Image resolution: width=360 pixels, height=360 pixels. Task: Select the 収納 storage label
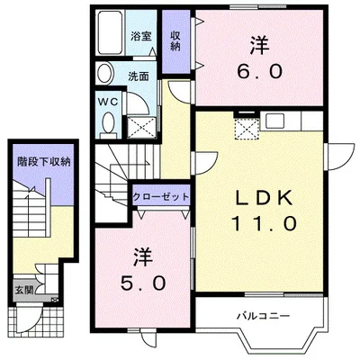point(175,39)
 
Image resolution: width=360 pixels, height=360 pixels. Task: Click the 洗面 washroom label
point(138,76)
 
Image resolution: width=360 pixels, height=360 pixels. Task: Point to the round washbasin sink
point(104,75)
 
